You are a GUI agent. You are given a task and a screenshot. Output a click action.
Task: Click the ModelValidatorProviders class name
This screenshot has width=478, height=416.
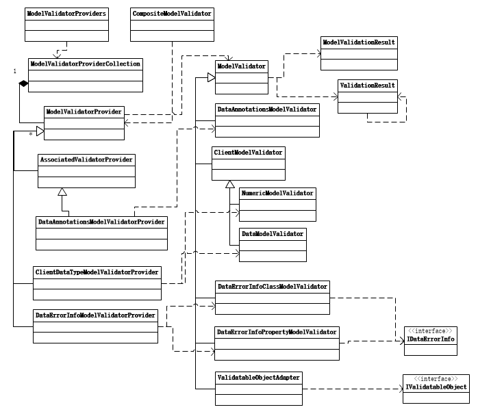coord(66,14)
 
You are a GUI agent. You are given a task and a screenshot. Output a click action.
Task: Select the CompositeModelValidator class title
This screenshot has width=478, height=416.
coord(172,14)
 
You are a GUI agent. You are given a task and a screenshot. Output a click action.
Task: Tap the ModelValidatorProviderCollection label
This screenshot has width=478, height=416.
coord(86,64)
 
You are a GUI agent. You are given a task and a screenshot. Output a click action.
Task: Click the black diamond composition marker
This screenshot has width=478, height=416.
coord(23,83)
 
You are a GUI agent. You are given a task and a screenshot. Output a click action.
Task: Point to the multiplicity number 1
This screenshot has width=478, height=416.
coord(14,71)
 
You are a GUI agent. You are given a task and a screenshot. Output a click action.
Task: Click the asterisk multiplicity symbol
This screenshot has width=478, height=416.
coord(31,134)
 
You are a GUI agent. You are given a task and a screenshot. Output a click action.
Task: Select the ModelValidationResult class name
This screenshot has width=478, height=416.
coord(359,42)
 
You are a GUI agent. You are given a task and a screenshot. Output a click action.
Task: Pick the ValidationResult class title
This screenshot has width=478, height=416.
coord(367,86)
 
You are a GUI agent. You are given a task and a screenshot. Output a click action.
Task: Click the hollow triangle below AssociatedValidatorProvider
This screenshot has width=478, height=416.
coord(62,192)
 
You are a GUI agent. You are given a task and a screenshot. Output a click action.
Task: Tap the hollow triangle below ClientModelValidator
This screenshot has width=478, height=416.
coord(230,184)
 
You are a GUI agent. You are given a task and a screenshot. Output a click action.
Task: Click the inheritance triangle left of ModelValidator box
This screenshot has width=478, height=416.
coord(211,77)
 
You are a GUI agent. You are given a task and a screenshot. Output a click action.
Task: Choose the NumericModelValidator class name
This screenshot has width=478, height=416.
coord(277,193)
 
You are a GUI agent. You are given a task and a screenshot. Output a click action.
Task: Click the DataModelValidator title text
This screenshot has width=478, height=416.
coord(273,234)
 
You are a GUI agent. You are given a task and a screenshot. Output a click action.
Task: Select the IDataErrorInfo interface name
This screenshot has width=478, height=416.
coord(431,339)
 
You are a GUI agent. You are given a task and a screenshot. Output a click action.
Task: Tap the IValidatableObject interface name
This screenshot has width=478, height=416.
coord(436,387)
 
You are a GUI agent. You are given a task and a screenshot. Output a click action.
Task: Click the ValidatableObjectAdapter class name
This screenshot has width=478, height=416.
coord(258,377)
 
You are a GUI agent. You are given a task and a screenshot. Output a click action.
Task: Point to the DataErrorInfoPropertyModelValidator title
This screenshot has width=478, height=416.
coord(277,332)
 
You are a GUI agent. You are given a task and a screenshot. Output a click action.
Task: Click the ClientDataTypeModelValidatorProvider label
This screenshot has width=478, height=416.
coord(97,272)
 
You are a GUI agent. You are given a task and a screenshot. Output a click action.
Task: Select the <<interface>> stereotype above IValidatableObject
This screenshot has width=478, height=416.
coord(436,379)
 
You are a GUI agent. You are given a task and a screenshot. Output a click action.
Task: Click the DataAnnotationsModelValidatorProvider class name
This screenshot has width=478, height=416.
coord(101,222)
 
